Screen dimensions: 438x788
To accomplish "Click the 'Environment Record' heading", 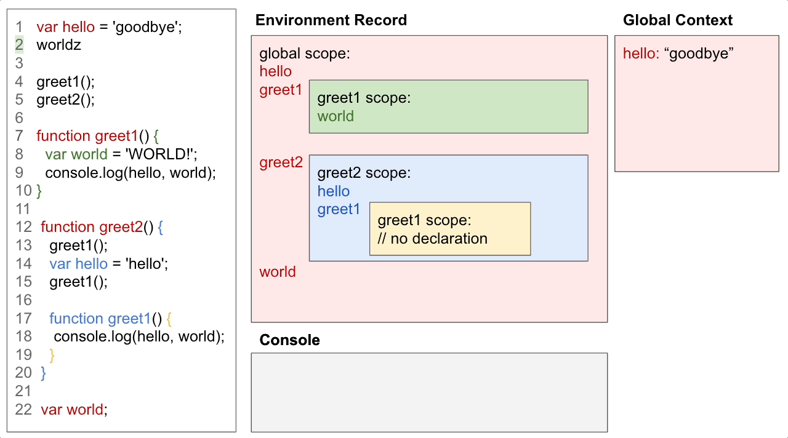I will click(331, 20).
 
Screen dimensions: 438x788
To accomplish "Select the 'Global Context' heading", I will click(677, 20).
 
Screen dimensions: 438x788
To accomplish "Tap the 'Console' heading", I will click(289, 340).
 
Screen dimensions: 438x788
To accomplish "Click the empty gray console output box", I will click(429, 392).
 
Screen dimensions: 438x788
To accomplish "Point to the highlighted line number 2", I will click(19, 45).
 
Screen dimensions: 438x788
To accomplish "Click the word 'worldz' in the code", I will click(58, 45).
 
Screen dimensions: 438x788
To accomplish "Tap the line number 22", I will click(23, 410).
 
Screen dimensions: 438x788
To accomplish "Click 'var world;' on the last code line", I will click(74, 410).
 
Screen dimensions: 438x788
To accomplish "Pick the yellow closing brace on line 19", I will click(52, 355).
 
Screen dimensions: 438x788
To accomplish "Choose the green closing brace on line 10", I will click(39, 191).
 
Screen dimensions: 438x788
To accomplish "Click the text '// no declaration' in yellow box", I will click(432, 239).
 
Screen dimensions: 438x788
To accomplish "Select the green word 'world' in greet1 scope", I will click(336, 117).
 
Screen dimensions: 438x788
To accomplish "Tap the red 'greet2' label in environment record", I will click(281, 162).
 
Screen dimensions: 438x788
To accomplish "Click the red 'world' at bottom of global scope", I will click(277, 272).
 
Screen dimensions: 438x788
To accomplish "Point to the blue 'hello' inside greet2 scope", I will click(333, 191).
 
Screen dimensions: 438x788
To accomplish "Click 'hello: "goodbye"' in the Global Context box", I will click(678, 54).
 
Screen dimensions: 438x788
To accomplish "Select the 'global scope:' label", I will click(305, 54).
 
